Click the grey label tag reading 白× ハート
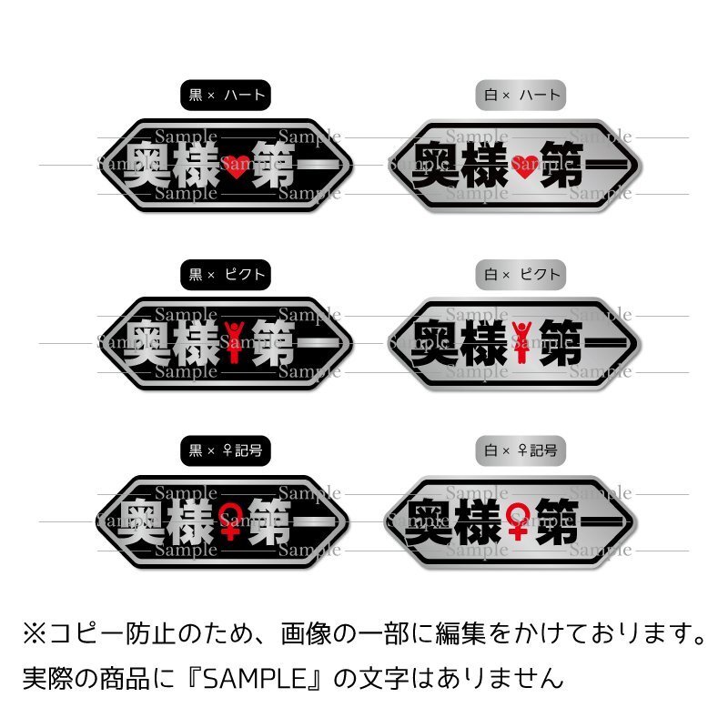(x=521, y=94)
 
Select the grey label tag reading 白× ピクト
(x=521, y=273)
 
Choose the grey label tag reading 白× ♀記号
(x=521, y=450)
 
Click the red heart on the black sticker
(x=234, y=166)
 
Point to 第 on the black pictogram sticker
(x=277, y=344)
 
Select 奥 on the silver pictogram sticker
(x=437, y=344)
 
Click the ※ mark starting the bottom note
(x=34, y=632)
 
